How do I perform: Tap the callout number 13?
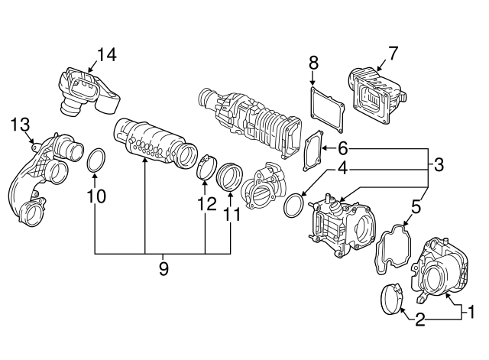pos(21,125)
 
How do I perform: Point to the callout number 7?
pos(393,53)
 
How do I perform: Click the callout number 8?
pos(312,62)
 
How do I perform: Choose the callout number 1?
pos(471,311)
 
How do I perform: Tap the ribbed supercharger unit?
pos(244,119)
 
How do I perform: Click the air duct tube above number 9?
pos(153,143)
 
